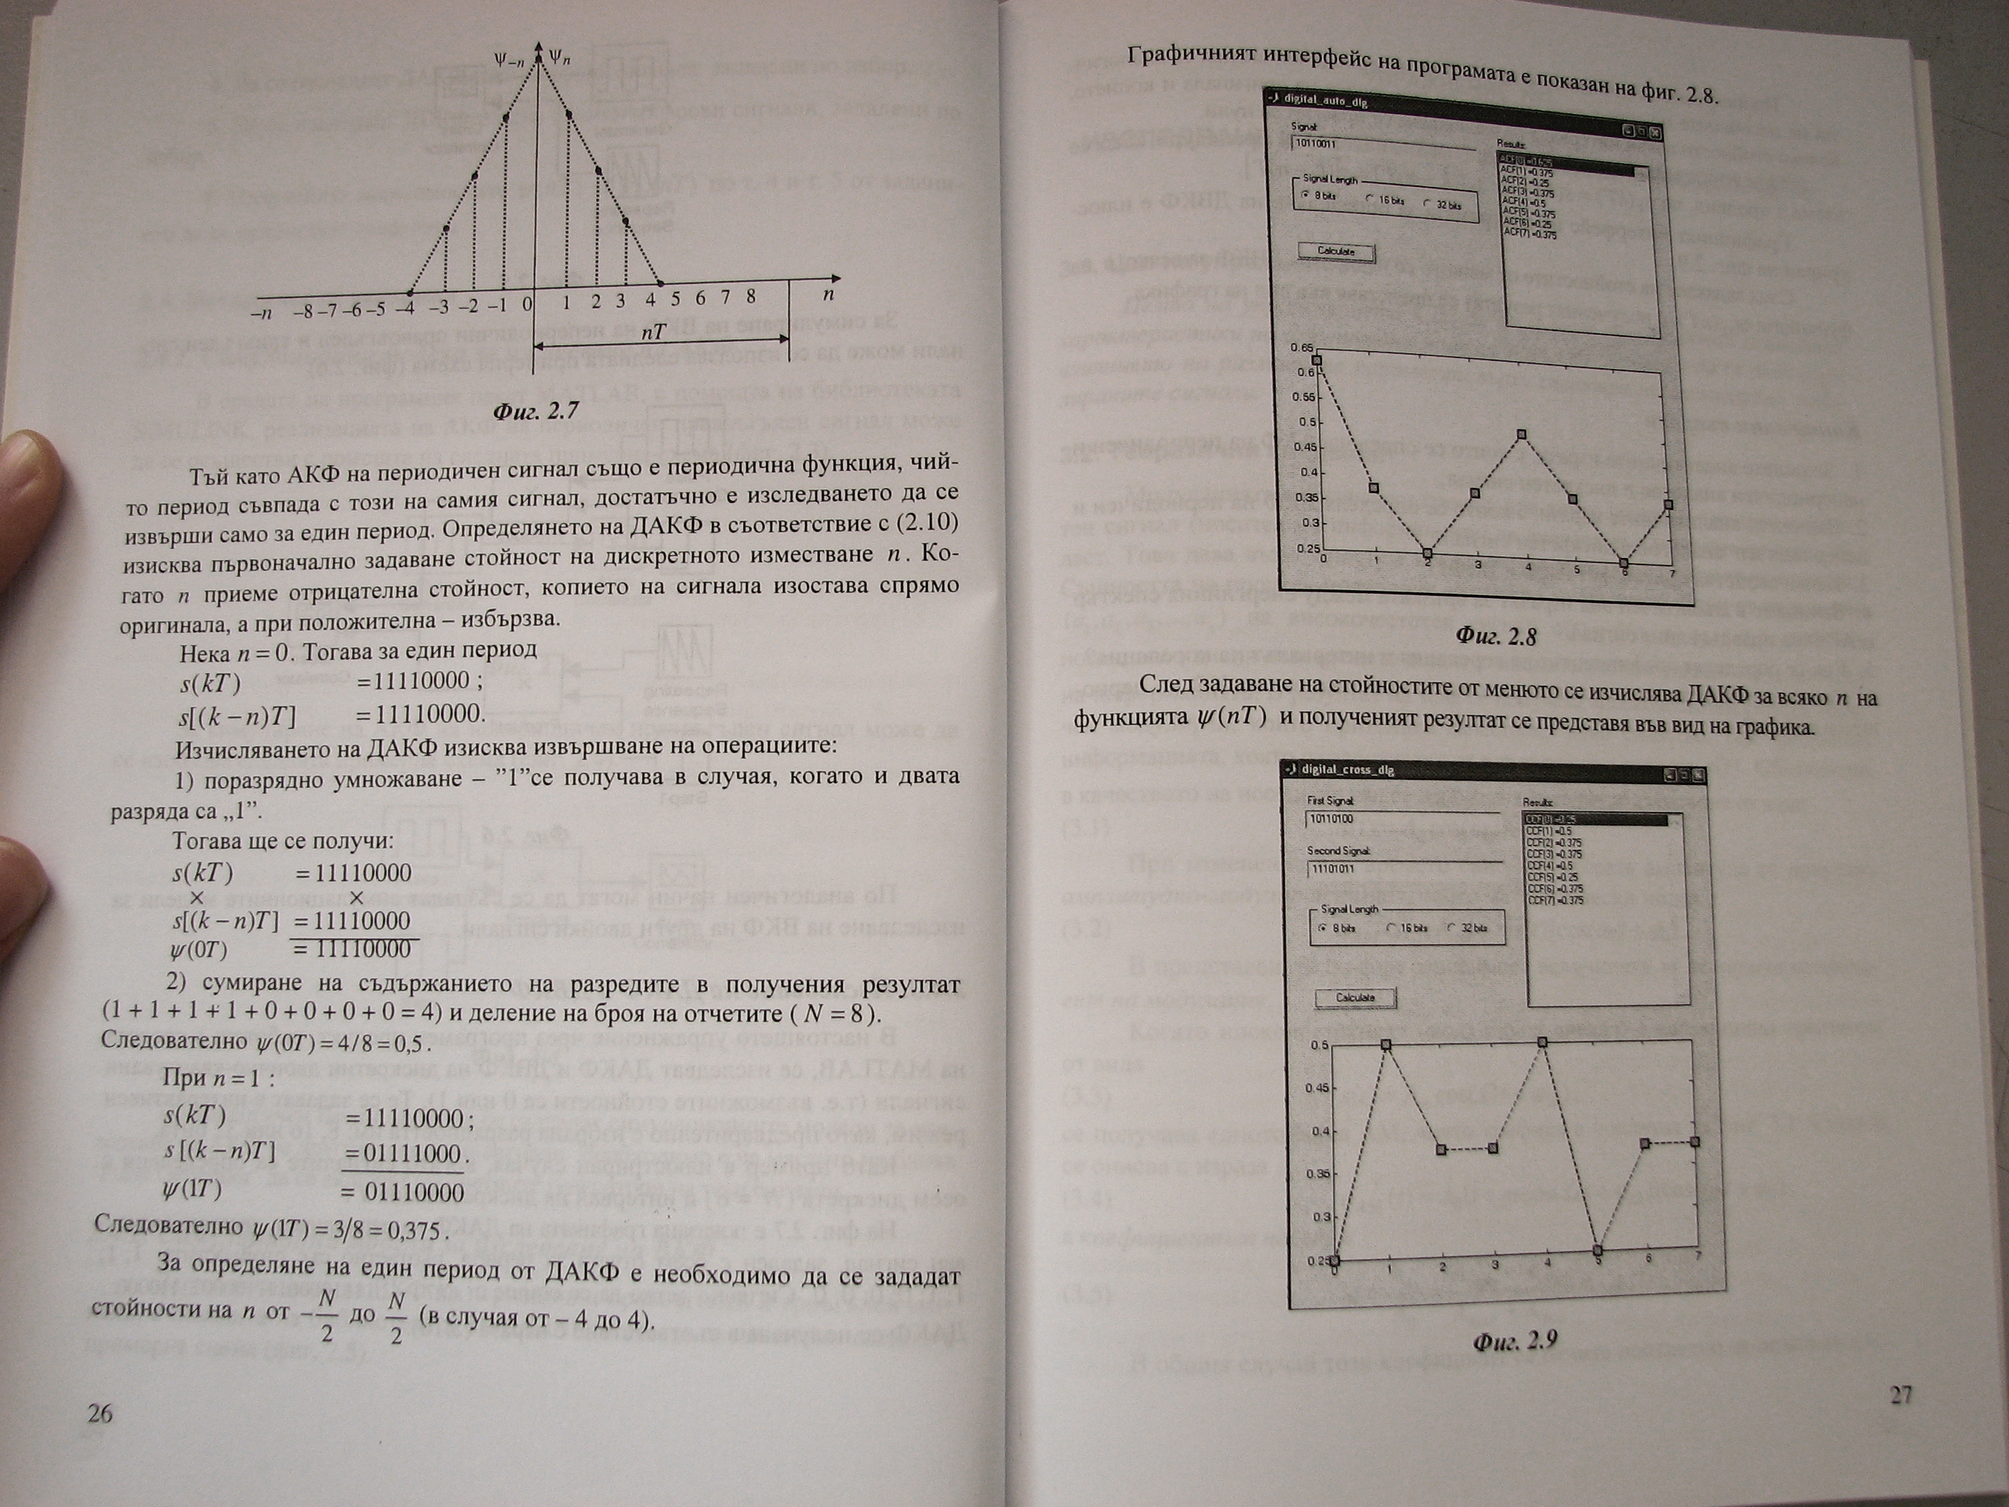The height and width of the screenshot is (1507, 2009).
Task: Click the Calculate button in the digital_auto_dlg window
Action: point(1335,252)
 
